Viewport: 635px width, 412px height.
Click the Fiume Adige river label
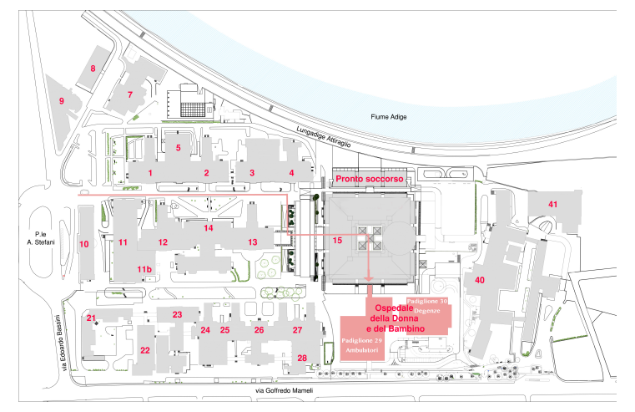pos(388,117)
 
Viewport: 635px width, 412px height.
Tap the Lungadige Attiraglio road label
pos(324,137)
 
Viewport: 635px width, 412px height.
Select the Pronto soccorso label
pos(370,179)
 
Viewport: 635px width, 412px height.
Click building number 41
pos(552,205)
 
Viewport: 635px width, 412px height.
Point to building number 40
pos(480,280)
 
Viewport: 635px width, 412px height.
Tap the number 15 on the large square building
pos(337,241)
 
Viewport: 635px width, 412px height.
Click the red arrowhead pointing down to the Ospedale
pos(369,278)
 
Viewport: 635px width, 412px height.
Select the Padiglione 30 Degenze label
pos(427,306)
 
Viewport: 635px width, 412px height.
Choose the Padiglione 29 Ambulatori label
pos(361,345)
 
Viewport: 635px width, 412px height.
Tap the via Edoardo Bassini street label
pos(62,343)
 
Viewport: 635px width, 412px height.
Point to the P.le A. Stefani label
pos(41,238)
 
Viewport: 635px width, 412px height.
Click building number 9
pos(62,101)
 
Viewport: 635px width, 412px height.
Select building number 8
pos(93,69)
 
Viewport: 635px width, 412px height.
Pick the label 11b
pos(144,269)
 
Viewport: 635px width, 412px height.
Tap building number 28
pos(302,358)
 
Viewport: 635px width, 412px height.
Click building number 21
pos(91,318)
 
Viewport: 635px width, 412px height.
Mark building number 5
pos(179,148)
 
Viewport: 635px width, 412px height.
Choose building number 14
pos(208,228)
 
